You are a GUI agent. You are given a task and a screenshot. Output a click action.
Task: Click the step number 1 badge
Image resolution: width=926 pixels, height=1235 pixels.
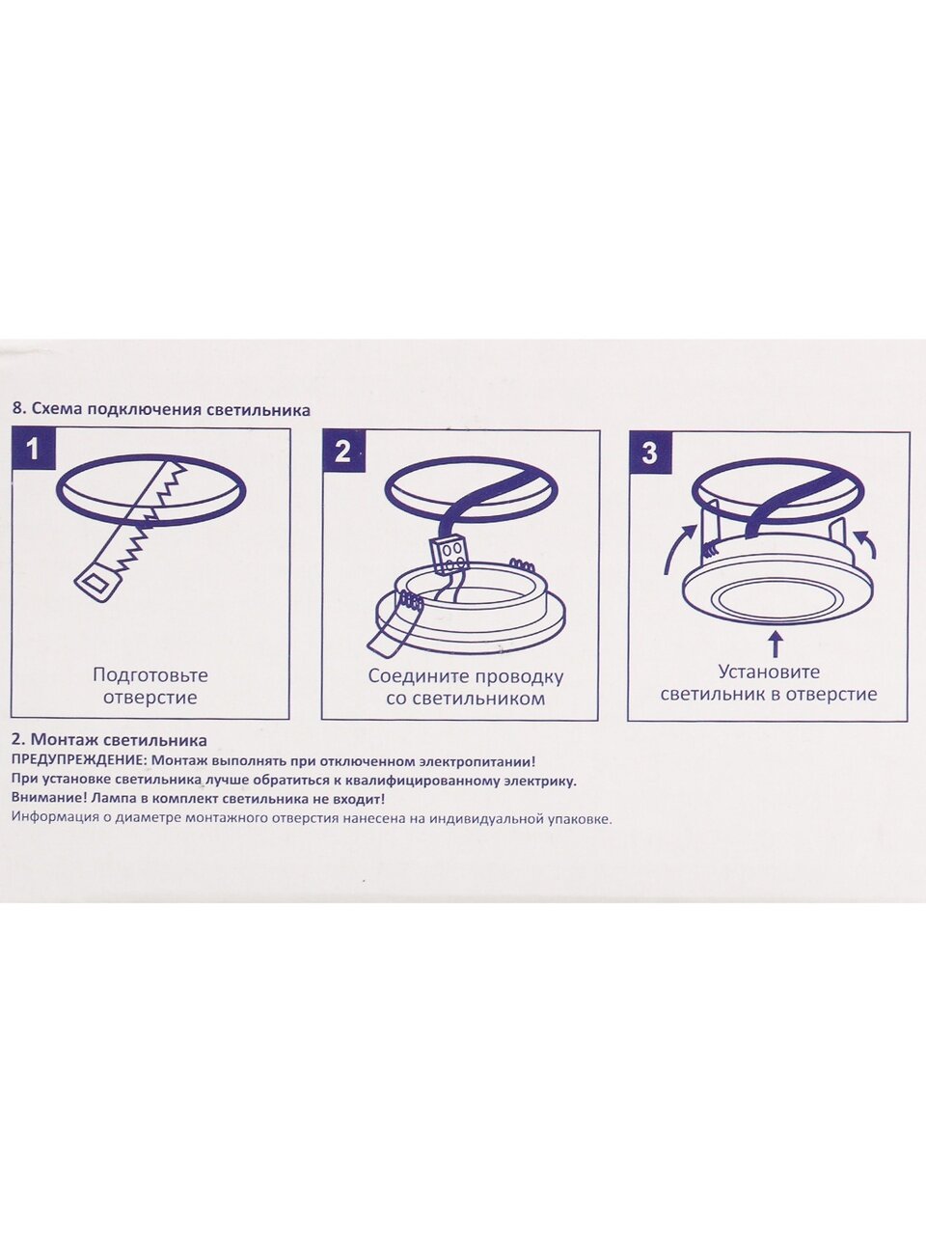(x=34, y=449)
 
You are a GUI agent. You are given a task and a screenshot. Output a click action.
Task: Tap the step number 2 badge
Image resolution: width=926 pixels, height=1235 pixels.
(x=343, y=451)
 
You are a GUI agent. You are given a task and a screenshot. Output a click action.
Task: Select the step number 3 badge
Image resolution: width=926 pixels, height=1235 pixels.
(x=649, y=453)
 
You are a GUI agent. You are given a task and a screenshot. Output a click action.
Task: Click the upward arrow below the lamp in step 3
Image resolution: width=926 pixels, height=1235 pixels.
(x=776, y=644)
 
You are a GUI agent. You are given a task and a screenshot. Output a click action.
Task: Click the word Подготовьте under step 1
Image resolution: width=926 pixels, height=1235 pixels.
(x=150, y=675)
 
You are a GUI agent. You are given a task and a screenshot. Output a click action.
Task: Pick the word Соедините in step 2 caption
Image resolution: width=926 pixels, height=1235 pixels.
(x=419, y=676)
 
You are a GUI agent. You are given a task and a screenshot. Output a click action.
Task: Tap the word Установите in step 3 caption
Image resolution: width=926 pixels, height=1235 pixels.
(x=769, y=672)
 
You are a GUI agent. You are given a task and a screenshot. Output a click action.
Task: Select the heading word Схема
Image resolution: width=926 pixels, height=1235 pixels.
(x=50, y=410)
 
